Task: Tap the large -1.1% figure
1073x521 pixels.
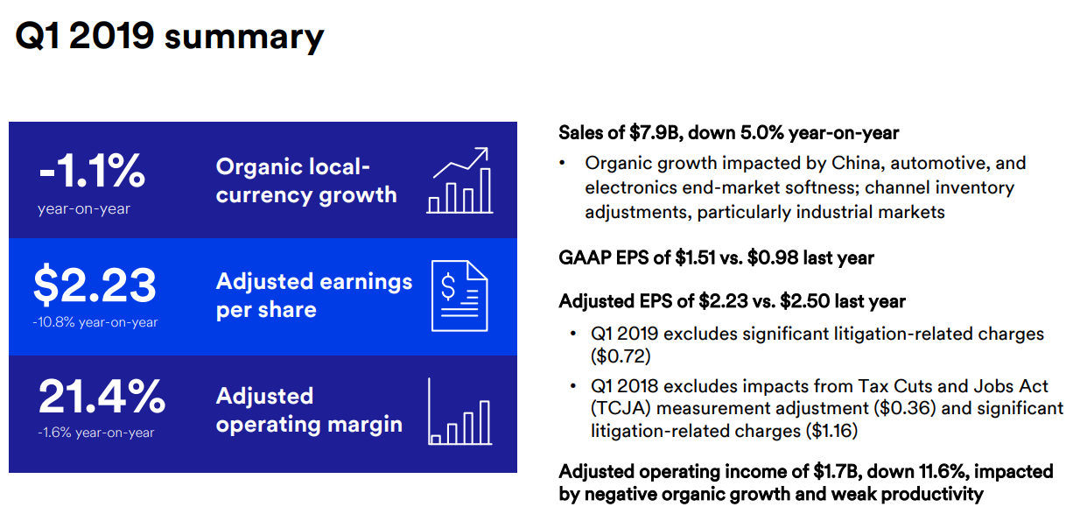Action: [92, 170]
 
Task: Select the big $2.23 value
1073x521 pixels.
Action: [95, 285]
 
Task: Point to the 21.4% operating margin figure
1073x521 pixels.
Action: [102, 397]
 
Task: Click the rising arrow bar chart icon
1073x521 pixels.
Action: [459, 180]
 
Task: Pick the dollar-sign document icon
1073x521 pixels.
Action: [459, 296]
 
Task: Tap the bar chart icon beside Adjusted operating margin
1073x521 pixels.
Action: [459, 412]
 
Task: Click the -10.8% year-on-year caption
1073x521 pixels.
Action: [95, 322]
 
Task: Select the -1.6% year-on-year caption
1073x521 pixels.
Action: [95, 433]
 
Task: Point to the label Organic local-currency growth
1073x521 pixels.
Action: [306, 181]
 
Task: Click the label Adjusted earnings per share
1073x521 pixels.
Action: [313, 296]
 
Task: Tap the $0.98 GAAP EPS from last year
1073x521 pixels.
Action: [772, 257]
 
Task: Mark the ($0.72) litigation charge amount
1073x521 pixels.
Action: [621, 356]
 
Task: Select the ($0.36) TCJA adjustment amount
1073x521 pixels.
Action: [904, 408]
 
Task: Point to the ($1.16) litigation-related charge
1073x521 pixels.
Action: [831, 431]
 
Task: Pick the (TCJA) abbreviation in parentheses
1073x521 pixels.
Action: [621, 408]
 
